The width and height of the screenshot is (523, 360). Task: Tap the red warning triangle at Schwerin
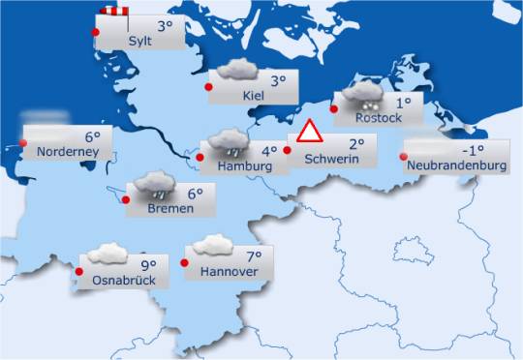pyautogui.click(x=309, y=133)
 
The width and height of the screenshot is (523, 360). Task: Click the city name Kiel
pyautogui.click(x=255, y=95)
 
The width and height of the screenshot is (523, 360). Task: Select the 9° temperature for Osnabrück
pyautogui.click(x=148, y=264)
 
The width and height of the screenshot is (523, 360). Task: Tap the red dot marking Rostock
pyautogui.click(x=334, y=109)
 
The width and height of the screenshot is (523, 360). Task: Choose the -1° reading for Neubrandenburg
pyautogui.click(x=473, y=150)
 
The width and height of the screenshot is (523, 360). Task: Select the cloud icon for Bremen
pyautogui.click(x=155, y=183)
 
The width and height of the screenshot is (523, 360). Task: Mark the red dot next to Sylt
pyautogui.click(x=95, y=33)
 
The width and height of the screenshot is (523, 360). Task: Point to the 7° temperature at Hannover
pyautogui.click(x=255, y=256)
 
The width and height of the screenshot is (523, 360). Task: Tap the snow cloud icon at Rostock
pyautogui.click(x=364, y=95)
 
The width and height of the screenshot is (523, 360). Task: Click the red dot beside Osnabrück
pyautogui.click(x=79, y=272)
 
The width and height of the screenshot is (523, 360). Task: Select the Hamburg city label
pyautogui.click(x=239, y=166)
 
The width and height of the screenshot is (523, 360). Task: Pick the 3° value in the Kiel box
pyautogui.click(x=279, y=81)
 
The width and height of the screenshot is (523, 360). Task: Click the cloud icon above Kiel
pyautogui.click(x=237, y=71)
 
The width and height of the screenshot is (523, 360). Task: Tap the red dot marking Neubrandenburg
pyautogui.click(x=403, y=158)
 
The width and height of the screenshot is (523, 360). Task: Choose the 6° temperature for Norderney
pyautogui.click(x=93, y=137)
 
